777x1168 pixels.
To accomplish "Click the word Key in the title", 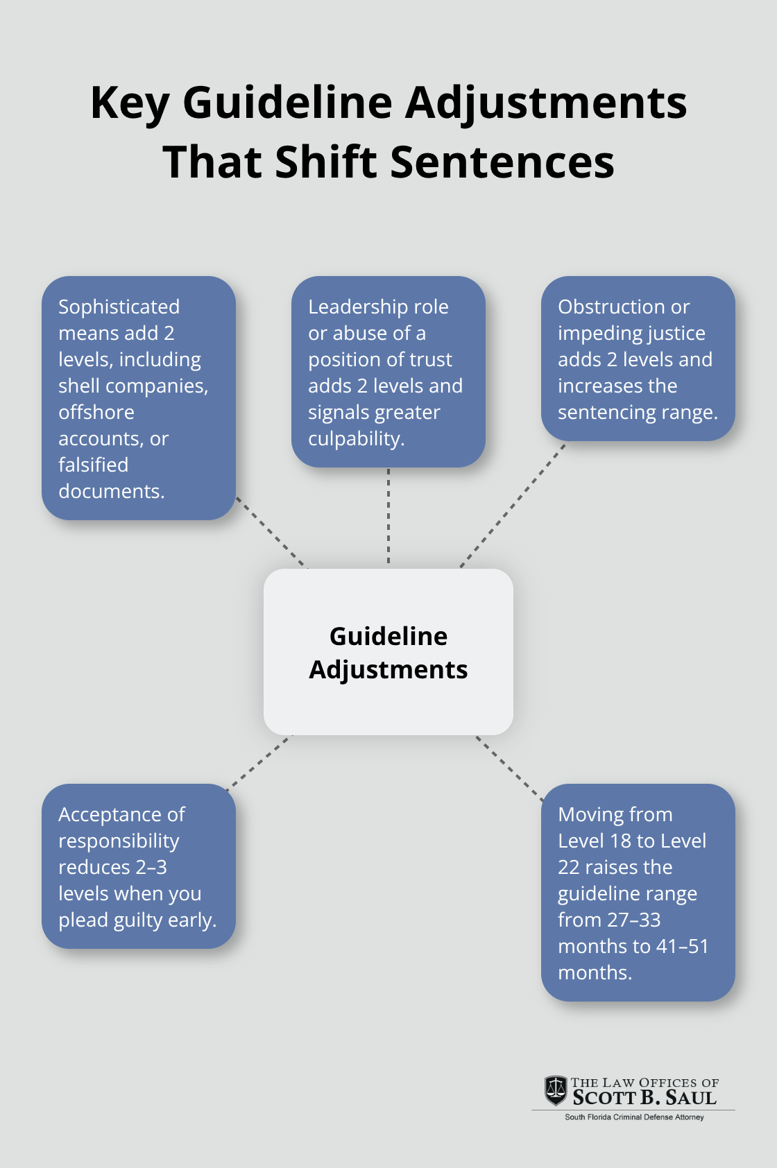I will coord(130,103).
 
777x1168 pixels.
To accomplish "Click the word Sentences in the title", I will coord(502,162).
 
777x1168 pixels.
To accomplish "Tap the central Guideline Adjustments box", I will coord(388,652).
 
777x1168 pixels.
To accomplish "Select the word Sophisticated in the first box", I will coord(119,307).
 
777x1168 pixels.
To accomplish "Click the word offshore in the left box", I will coord(96,412).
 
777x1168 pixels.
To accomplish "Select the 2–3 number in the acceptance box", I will coord(151,867).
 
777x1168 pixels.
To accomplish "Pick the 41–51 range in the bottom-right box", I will coord(683,946).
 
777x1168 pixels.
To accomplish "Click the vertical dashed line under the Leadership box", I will coord(388,517).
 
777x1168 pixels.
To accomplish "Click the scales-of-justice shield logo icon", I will coord(556,1091).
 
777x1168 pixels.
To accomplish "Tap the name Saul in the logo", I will coord(690,1098).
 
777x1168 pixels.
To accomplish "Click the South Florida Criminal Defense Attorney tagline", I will coord(634,1117).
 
